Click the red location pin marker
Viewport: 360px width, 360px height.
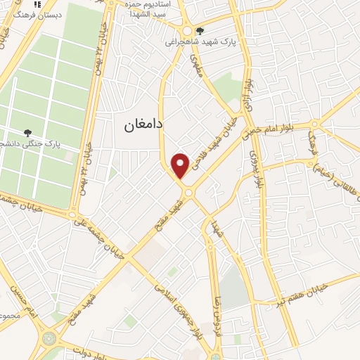click(181, 165)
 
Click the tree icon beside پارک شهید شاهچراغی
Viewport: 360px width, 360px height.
click(200, 31)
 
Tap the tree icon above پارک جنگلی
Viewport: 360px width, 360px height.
click(28, 132)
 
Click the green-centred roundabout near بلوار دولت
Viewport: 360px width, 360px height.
click(50, 338)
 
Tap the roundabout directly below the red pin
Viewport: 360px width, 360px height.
click(188, 191)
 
